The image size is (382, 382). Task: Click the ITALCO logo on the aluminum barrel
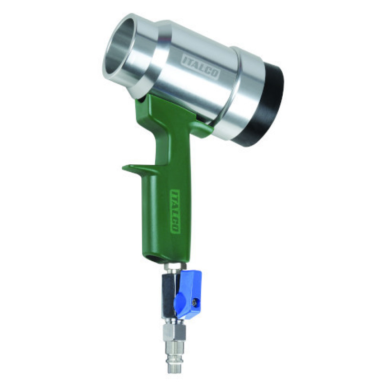[x=201, y=66]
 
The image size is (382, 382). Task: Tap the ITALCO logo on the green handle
[x=175, y=211]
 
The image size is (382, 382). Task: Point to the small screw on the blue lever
[x=195, y=303]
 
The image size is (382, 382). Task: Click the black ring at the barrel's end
[x=265, y=105]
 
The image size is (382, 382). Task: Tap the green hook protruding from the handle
[x=137, y=169]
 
